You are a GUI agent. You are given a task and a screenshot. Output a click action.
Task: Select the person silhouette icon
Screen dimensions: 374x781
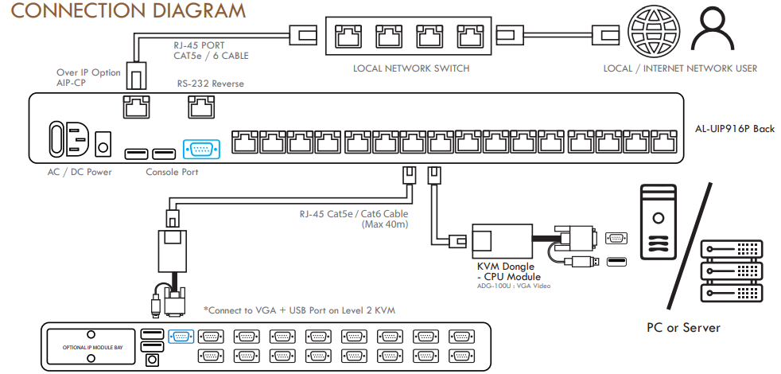pos(712,32)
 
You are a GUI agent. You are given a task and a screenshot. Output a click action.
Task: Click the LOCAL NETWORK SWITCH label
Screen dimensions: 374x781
pos(411,68)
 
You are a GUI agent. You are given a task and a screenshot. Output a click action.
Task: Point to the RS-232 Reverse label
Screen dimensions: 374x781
pos(210,84)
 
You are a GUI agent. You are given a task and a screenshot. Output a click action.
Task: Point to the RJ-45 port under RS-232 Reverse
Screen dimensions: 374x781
pos(200,106)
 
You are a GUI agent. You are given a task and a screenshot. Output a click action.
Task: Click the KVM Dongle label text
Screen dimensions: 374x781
pos(506,267)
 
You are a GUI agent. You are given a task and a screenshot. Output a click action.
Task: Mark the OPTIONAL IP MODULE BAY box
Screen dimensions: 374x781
pos(90,347)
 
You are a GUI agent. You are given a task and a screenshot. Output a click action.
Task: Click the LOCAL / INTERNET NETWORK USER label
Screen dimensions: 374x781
pos(680,68)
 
